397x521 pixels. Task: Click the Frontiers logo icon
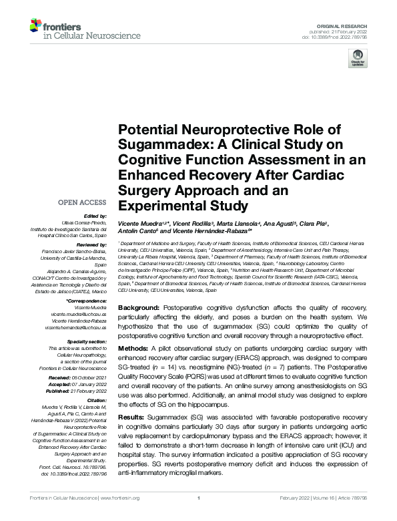[35, 25]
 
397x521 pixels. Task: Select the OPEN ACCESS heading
[81, 202]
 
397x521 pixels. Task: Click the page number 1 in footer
[199, 516]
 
